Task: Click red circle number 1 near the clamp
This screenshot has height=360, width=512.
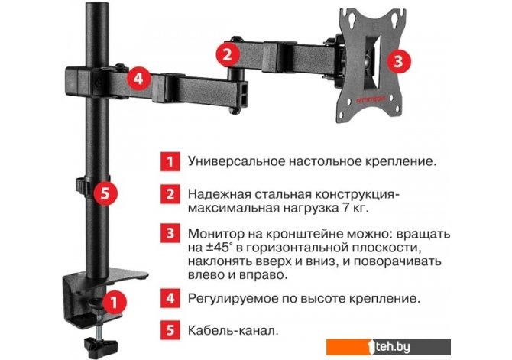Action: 114,302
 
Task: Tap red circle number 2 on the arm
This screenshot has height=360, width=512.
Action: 228,54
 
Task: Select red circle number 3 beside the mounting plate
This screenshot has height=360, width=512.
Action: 398,61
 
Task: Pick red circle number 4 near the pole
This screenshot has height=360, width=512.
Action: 138,79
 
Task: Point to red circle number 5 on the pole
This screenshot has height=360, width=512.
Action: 105,193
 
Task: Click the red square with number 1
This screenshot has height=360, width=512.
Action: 170,161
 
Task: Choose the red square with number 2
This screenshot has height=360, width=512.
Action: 170,194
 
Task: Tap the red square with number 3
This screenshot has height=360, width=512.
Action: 170,233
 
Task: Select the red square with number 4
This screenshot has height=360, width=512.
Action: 170,298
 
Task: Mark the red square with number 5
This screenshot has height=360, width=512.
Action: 170,330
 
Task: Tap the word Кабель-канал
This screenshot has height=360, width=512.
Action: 233,331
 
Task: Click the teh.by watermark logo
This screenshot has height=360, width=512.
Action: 388,347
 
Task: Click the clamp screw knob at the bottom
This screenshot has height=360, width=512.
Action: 101,345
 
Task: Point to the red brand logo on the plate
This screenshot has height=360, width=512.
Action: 371,99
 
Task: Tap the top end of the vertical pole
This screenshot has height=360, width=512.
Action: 97,4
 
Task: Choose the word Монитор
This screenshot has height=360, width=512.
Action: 215,234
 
